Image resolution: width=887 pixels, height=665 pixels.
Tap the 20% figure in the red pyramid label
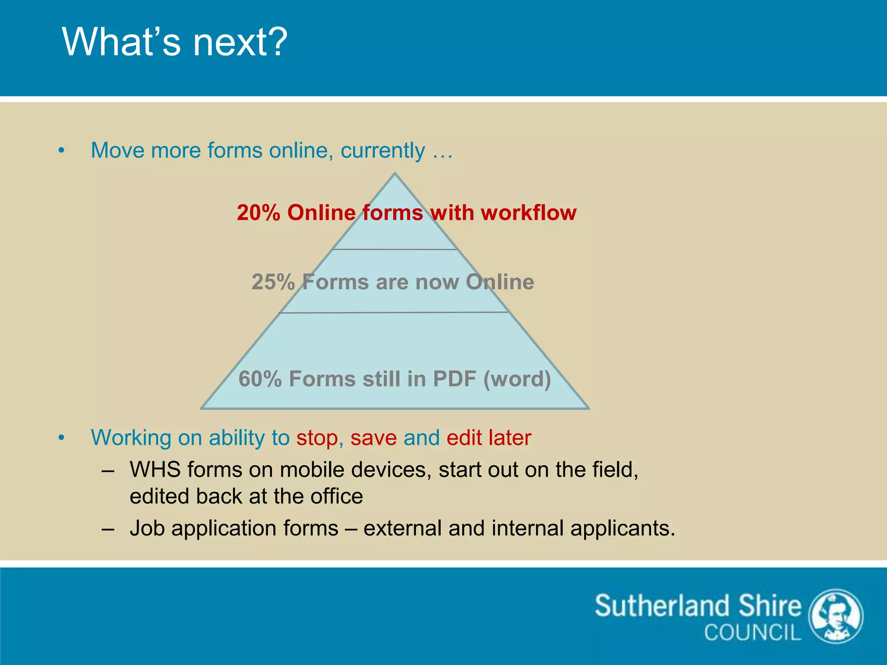[259, 213]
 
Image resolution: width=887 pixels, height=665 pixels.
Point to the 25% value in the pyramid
[273, 282]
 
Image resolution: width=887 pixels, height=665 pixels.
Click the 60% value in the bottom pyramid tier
[260, 379]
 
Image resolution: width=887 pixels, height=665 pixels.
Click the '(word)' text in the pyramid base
[517, 379]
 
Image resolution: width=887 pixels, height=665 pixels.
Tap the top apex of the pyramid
[395, 174]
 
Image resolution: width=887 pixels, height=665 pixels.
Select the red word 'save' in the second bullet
[373, 438]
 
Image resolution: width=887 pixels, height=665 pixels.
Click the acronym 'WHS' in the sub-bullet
[155, 470]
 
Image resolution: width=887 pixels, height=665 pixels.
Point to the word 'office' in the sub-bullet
[337, 497]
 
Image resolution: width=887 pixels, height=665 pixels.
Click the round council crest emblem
[836, 616]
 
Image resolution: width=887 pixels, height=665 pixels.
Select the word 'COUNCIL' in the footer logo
[752, 633]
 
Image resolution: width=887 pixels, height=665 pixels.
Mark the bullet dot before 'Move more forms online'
[62, 151]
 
